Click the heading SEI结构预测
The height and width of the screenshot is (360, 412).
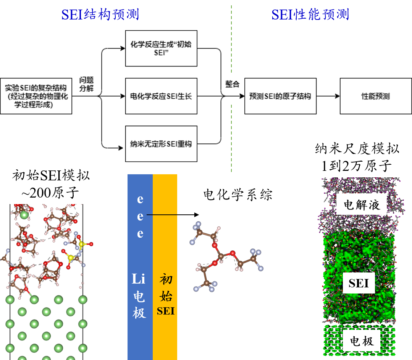(x=100, y=15)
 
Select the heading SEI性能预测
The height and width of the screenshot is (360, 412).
(x=310, y=15)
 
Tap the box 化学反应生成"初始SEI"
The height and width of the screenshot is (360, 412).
(x=161, y=49)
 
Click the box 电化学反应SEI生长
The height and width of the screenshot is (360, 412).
(x=161, y=96)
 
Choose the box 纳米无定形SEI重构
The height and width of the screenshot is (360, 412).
(x=161, y=144)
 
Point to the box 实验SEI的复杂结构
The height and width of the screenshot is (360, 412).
(x=36, y=96)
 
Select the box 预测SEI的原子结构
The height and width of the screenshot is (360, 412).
(x=280, y=96)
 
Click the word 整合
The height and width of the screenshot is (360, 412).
(x=232, y=84)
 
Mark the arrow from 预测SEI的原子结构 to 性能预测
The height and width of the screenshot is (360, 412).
(x=328, y=96)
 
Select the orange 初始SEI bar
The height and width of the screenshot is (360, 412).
(x=165, y=268)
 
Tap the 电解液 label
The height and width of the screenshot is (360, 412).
(x=362, y=205)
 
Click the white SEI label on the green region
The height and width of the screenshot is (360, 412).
(x=359, y=283)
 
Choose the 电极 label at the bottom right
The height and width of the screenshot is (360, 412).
(x=362, y=341)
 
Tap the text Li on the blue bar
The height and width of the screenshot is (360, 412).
(x=139, y=279)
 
